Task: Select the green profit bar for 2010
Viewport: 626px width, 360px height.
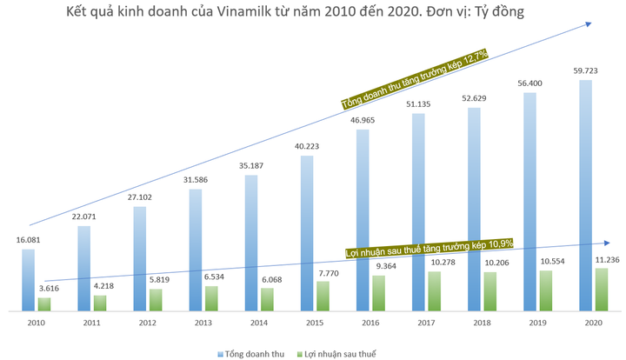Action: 44,303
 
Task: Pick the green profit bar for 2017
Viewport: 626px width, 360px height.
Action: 434,290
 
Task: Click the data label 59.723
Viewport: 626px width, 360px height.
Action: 584,70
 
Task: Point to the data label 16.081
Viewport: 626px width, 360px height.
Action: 28,239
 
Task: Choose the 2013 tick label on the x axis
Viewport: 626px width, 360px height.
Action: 203,323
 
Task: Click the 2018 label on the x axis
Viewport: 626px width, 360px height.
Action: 481,323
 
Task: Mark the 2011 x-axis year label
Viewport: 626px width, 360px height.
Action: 91,323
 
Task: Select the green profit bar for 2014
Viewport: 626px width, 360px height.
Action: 267,298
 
